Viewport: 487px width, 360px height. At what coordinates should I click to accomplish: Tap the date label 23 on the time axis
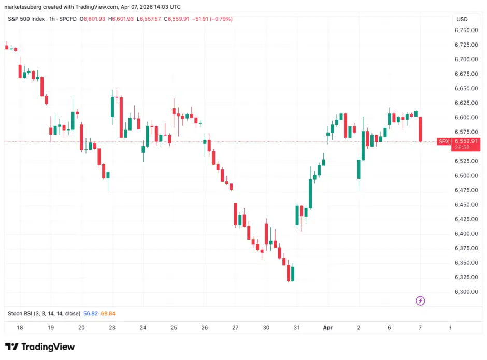point(112,328)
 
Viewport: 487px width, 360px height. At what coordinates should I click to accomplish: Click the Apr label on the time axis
point(327,328)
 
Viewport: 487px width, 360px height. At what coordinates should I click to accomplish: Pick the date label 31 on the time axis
point(297,328)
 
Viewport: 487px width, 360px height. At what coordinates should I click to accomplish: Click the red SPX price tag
point(443,141)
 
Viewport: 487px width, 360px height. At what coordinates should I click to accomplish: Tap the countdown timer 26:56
point(462,148)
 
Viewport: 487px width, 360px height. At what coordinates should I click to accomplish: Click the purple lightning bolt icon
point(421,300)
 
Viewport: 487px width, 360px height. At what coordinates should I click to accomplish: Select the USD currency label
point(462,19)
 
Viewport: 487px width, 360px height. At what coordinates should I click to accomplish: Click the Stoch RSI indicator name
point(44,314)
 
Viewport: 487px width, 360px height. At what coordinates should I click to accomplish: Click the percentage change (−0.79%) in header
point(218,19)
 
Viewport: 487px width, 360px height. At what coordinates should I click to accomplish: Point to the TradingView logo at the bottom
point(40,347)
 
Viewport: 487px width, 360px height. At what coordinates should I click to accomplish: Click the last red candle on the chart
point(421,129)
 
